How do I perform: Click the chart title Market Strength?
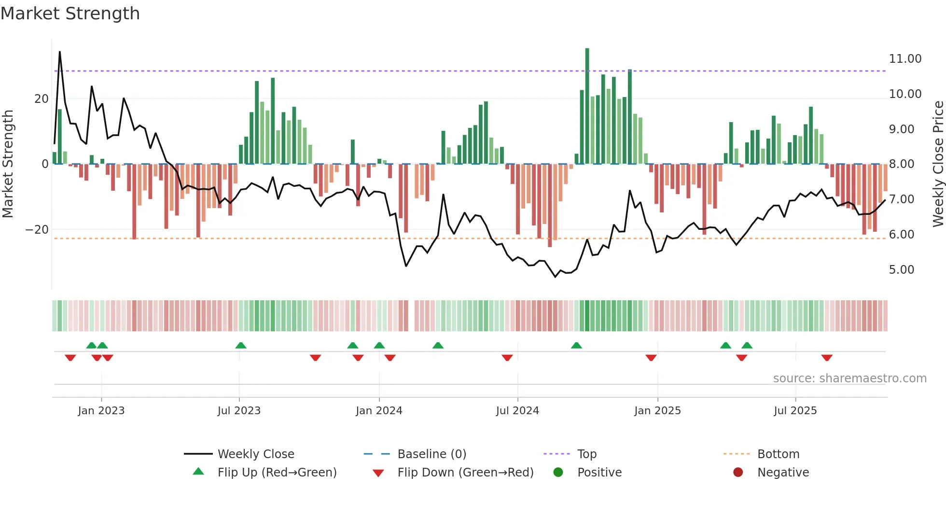(x=70, y=14)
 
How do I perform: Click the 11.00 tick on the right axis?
(x=905, y=59)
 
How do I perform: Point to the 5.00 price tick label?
(x=901, y=270)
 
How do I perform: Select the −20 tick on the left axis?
(x=37, y=230)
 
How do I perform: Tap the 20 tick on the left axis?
(x=42, y=99)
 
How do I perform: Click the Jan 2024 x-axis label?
(x=379, y=411)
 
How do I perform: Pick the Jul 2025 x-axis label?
(x=795, y=411)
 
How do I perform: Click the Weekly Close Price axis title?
(x=938, y=164)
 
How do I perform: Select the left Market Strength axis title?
(x=8, y=164)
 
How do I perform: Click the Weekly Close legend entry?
(x=255, y=454)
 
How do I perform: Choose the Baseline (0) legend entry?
(x=431, y=454)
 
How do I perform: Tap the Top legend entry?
(x=586, y=454)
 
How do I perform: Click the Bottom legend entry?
(x=778, y=454)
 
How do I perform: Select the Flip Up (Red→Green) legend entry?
(x=277, y=473)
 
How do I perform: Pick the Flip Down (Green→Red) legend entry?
(x=465, y=473)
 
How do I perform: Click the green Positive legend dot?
(x=558, y=473)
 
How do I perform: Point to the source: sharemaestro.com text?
(x=849, y=378)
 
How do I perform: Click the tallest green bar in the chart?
(x=587, y=106)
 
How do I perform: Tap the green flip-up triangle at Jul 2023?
(x=241, y=345)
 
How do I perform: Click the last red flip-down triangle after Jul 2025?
(x=827, y=358)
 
